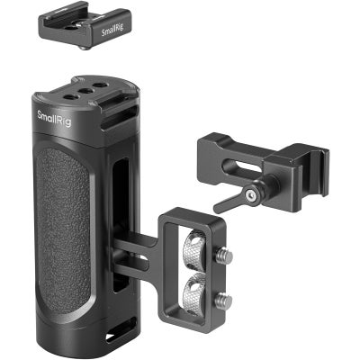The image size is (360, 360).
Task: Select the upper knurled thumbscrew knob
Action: pos(196,248)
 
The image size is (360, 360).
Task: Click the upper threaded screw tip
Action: pos(226,256)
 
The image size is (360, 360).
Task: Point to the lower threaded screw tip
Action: pos(226,301)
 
